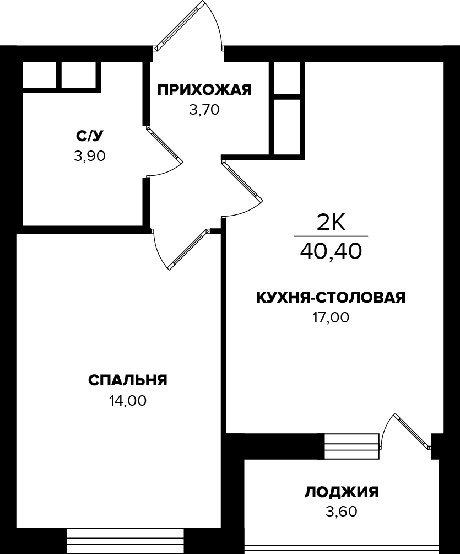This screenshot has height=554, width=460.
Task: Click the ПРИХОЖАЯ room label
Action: click(204, 90)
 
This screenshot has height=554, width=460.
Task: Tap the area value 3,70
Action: click(204, 110)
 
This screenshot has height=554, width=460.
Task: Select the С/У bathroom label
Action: click(89, 136)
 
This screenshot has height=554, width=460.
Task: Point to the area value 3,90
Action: click(89, 156)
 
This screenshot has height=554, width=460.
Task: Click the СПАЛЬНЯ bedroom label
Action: click(127, 380)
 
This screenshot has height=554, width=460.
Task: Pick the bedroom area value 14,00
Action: click(127, 401)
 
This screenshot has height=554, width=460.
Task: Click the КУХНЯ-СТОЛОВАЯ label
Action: click(331, 298)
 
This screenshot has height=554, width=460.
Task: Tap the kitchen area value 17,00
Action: click(331, 318)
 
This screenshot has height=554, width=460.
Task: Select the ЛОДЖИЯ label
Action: click(342, 492)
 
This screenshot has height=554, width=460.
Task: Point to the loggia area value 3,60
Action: click(342, 512)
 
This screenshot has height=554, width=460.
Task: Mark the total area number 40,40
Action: click(331, 251)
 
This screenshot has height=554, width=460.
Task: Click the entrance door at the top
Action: click(179, 25)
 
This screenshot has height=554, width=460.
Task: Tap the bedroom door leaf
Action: click(187, 249)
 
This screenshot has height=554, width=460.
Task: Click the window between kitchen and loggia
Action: click(351, 446)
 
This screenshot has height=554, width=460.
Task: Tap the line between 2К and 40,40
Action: click(331, 236)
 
